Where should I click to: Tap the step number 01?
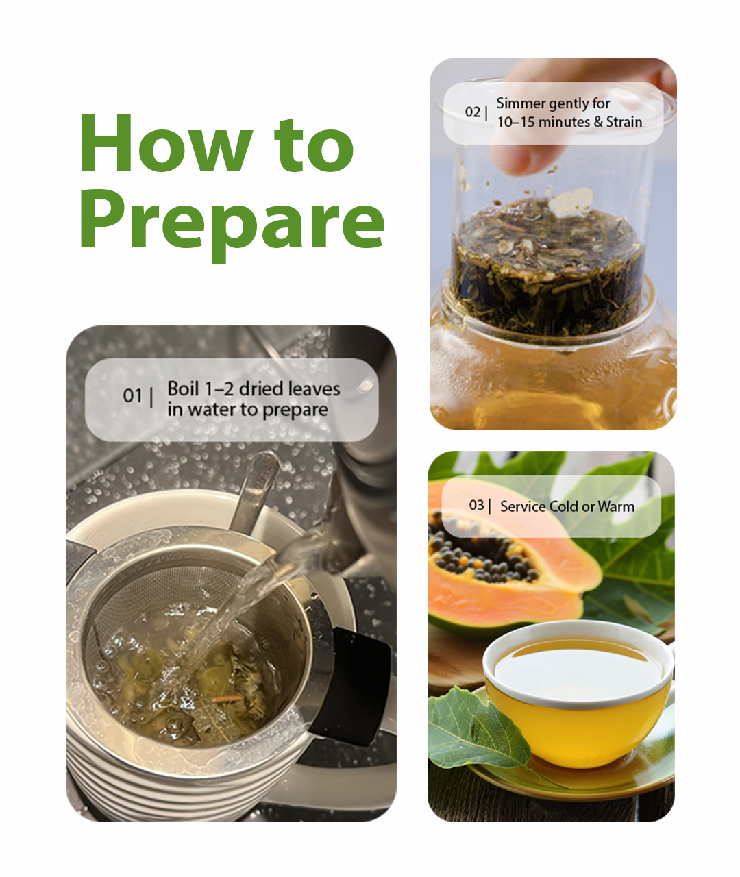pos(132,396)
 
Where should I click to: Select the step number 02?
pos(473,112)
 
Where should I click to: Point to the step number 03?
pos(476,506)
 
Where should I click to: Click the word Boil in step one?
pos(183,389)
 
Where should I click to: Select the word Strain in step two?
pos(624,122)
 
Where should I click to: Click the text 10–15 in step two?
pos(513,122)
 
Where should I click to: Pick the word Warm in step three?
pos(615,507)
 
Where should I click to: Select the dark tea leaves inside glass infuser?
pos(548,274)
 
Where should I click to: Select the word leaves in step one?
pos(313,389)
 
